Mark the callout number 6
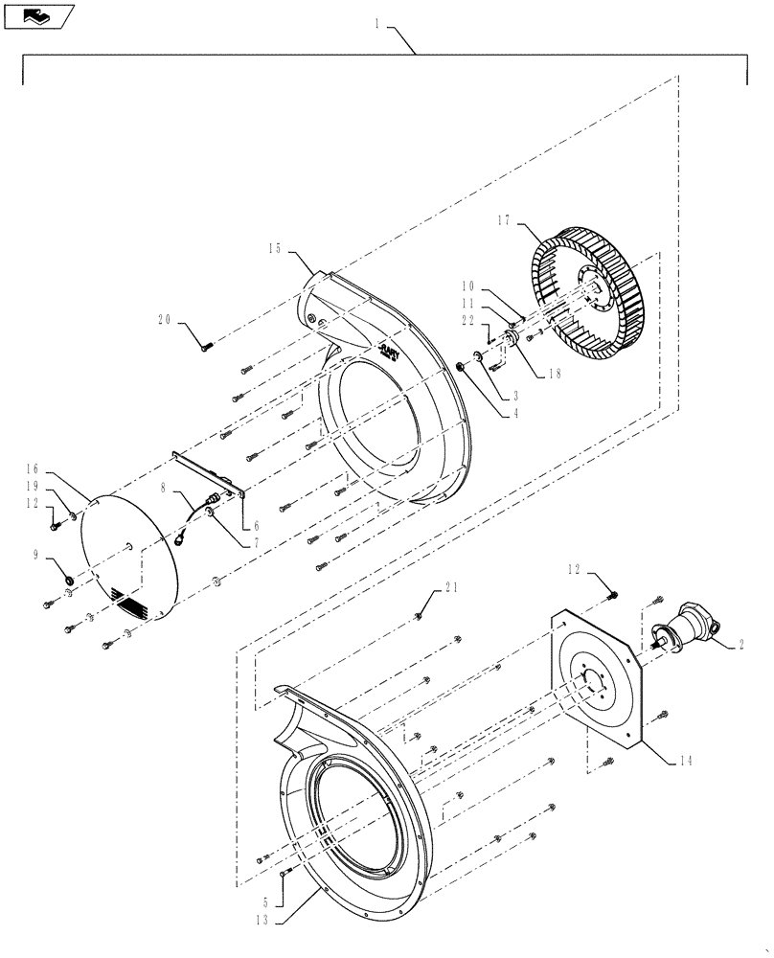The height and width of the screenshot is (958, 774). click(255, 526)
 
